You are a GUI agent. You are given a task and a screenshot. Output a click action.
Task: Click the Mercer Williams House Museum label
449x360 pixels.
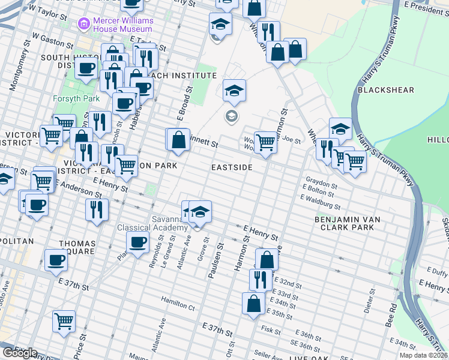[x=123, y=25]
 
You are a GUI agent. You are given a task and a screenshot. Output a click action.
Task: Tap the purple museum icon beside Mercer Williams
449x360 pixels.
[x=83, y=25]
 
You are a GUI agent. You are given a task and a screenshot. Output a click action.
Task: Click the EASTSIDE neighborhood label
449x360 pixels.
[x=232, y=167]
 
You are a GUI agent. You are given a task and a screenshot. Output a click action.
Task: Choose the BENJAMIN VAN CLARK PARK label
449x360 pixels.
[x=347, y=224]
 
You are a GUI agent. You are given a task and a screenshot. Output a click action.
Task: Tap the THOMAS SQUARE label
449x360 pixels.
[x=76, y=248]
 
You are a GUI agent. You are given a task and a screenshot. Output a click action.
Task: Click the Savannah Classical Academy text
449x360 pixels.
[x=152, y=223]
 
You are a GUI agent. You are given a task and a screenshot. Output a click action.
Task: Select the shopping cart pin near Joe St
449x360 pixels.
[x=265, y=143]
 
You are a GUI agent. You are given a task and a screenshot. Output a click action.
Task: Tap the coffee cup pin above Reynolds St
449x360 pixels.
[x=137, y=243]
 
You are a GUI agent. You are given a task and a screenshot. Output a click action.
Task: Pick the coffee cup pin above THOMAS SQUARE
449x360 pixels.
[x=56, y=260]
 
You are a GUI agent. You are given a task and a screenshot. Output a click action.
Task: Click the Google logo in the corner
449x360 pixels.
[x=19, y=353]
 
